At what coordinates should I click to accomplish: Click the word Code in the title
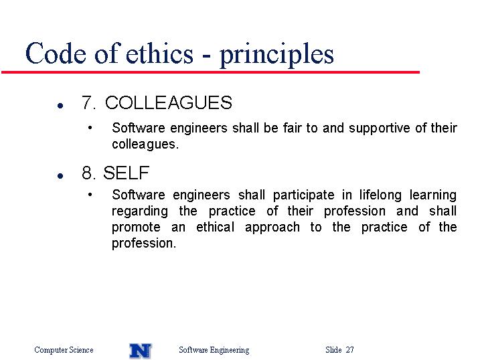(x=56, y=54)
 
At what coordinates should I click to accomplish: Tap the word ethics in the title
(x=159, y=54)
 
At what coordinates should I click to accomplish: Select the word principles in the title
(x=276, y=55)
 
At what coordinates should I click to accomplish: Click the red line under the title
(x=210, y=72)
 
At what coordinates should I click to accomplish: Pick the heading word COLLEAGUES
(x=169, y=102)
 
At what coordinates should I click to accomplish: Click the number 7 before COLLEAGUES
(x=87, y=102)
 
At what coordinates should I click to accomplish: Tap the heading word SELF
(x=126, y=173)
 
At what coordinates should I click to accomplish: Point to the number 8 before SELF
(x=87, y=173)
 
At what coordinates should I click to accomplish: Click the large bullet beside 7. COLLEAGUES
(x=60, y=106)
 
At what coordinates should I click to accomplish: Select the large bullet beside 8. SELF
(x=60, y=176)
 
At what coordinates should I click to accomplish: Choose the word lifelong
(x=380, y=195)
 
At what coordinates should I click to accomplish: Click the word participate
(x=303, y=195)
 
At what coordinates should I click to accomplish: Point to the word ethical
(x=215, y=227)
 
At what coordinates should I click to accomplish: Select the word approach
(x=272, y=228)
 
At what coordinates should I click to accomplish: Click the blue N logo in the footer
(x=141, y=351)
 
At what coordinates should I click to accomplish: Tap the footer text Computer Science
(x=64, y=350)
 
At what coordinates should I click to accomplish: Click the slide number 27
(x=350, y=349)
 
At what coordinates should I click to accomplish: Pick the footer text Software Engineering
(x=214, y=350)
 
